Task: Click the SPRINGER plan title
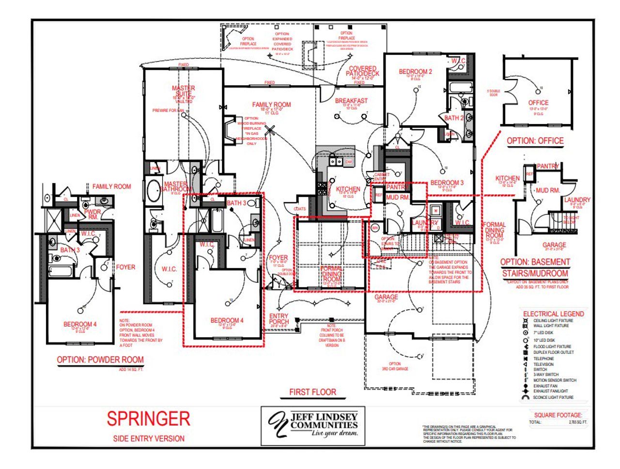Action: click(148, 419)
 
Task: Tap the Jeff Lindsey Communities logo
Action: click(313, 425)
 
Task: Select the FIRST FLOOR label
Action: click(312, 392)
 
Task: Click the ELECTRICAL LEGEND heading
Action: click(553, 314)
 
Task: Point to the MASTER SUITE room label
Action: click(184, 91)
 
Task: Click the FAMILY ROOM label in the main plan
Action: click(271, 105)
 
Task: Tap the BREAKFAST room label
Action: click(351, 101)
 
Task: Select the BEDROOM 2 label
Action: click(415, 72)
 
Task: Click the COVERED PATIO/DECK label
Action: click(362, 71)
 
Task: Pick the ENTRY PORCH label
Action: click(279, 318)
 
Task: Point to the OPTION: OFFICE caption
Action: click(535, 141)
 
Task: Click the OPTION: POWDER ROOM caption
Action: click(100, 360)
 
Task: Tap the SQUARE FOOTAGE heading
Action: click(558, 415)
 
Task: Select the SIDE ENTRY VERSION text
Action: click(149, 439)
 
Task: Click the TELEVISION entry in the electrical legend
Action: click(543, 364)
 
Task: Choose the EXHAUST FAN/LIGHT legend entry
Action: click(550, 391)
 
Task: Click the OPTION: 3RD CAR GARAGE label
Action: click(395, 366)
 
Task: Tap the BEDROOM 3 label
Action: click(447, 182)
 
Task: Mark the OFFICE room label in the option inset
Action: click(538, 103)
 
